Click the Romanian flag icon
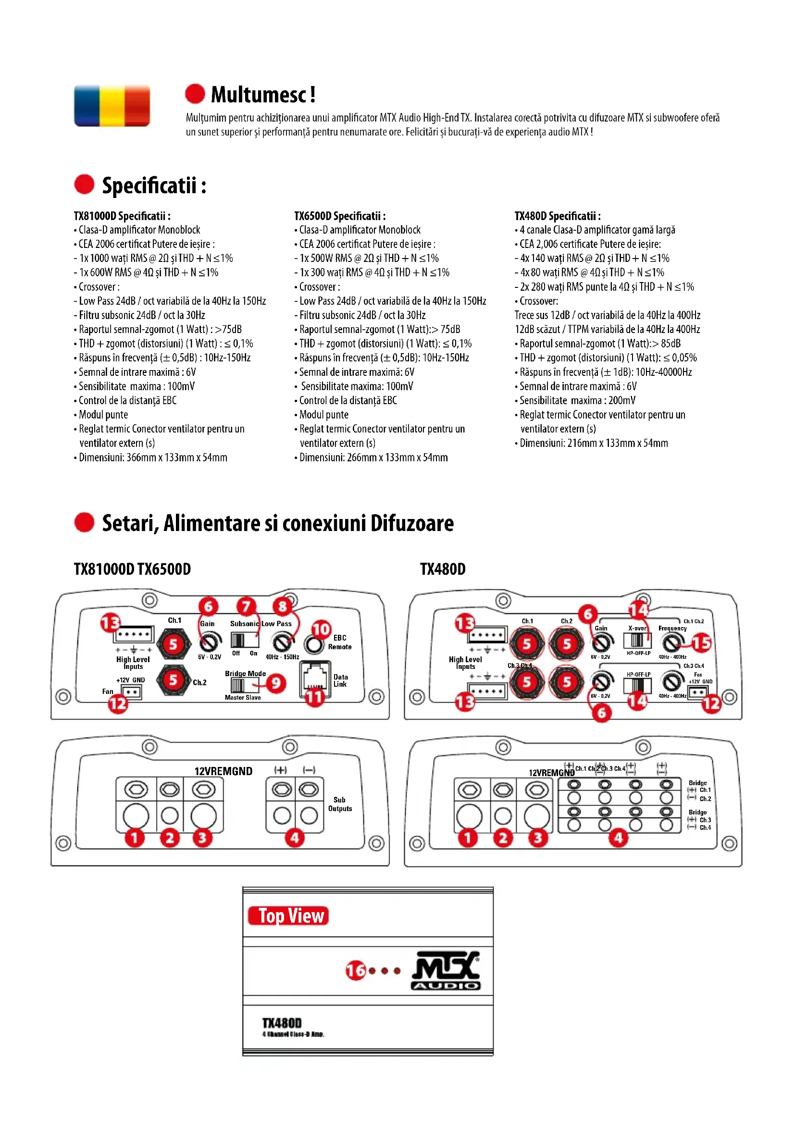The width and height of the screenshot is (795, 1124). tap(112, 106)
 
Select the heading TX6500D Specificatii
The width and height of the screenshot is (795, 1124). tap(340, 216)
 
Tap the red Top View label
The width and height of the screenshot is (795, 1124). tap(288, 915)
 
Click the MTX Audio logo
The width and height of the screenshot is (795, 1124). tap(446, 971)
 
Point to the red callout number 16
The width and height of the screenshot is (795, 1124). tap(355, 970)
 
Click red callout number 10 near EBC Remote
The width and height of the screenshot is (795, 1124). tap(321, 629)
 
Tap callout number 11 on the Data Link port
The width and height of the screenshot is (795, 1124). tap(314, 697)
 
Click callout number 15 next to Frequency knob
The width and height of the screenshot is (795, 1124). tap(701, 643)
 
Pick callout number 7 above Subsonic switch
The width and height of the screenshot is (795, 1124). tap(246, 607)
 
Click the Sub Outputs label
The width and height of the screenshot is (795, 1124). tap(340, 804)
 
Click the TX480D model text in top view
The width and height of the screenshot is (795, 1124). tap(282, 1023)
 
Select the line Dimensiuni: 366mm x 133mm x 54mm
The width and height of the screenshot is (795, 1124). tap(153, 457)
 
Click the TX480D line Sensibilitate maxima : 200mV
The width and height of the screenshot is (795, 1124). tap(577, 400)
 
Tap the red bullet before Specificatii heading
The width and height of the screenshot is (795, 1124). tap(84, 185)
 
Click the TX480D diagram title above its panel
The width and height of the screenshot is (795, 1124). tap(443, 569)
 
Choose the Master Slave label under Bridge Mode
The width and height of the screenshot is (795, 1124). tap(243, 698)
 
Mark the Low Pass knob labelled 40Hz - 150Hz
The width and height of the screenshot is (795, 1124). tap(283, 642)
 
